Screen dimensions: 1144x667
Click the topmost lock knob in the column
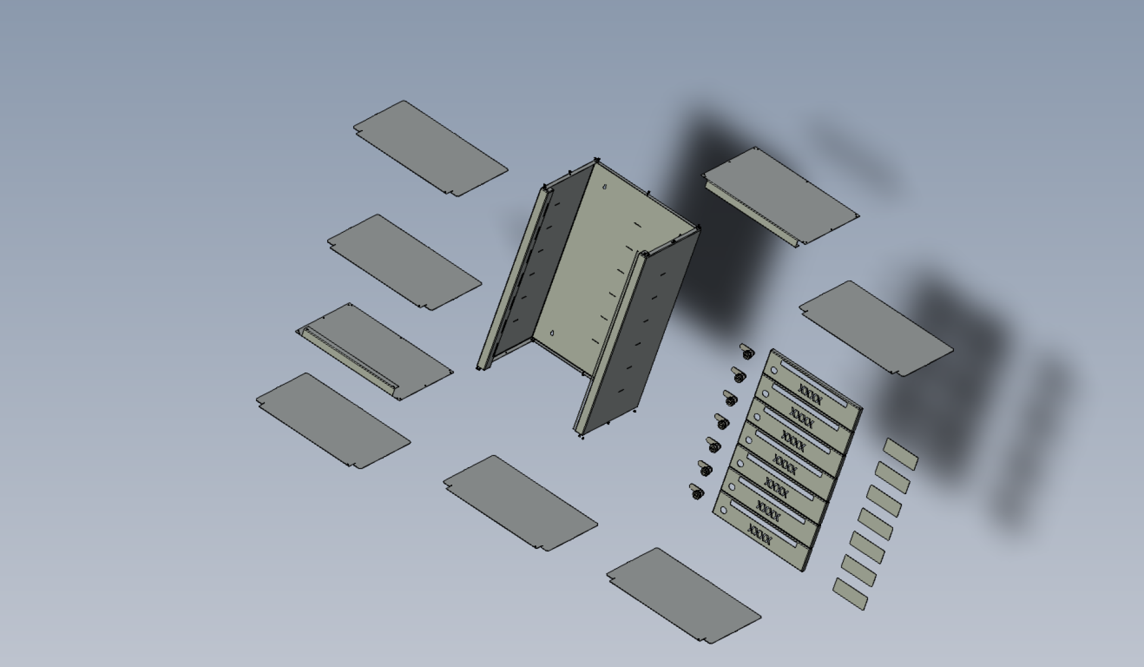tap(746, 351)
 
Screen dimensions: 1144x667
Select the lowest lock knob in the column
tap(696, 492)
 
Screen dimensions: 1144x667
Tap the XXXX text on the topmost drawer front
tap(810, 395)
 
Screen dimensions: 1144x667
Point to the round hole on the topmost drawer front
tap(774, 370)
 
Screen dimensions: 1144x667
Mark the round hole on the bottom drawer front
tap(724, 510)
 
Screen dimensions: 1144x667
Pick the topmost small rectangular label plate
tap(900, 454)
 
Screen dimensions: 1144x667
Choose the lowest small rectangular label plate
tap(850, 594)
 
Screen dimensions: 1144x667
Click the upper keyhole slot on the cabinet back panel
tap(605, 187)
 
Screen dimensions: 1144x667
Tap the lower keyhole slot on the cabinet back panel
tap(552, 333)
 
